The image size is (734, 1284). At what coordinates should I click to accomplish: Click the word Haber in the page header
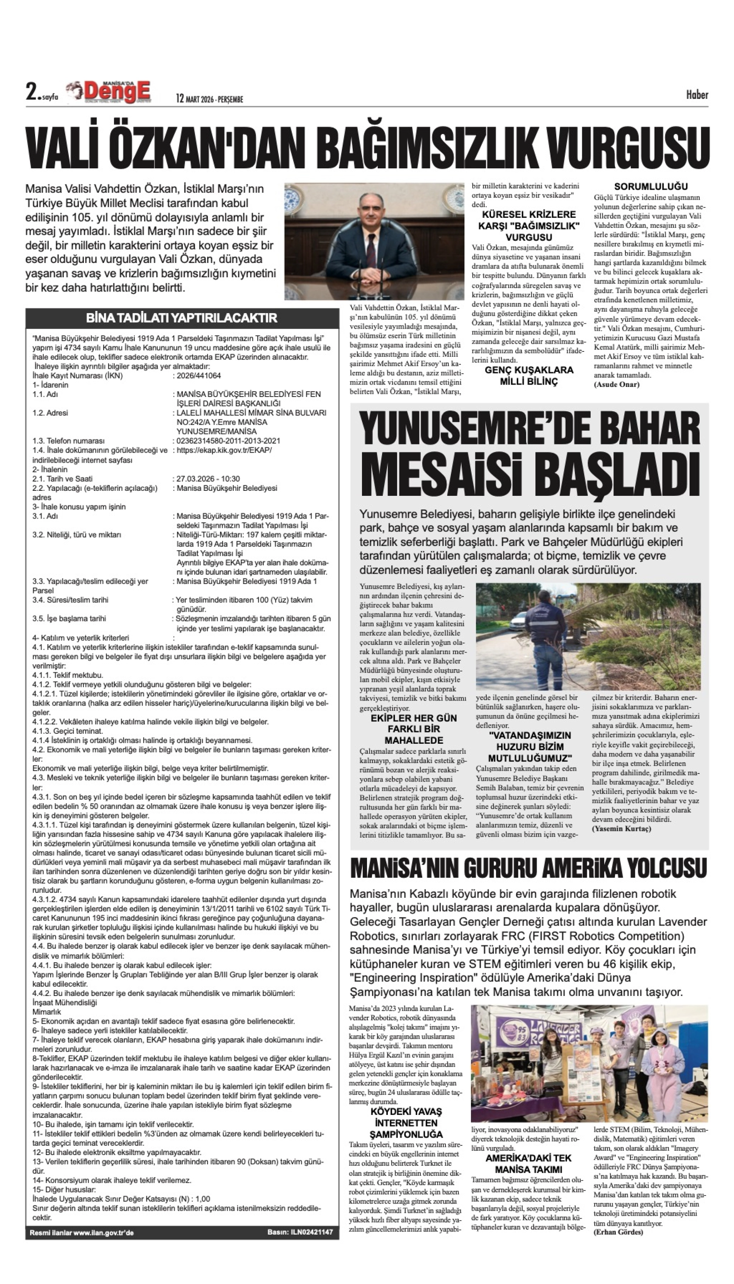697,95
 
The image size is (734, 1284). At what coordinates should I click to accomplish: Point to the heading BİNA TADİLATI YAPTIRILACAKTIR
182,318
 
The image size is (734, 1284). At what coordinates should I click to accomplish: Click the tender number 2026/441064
199,375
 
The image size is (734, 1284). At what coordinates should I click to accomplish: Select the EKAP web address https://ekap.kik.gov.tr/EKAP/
224,450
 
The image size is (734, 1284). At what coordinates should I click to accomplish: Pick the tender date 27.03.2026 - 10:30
208,479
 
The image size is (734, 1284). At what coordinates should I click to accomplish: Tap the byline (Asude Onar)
617,385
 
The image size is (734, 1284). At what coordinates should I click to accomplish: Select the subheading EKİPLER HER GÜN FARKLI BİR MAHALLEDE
413,729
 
